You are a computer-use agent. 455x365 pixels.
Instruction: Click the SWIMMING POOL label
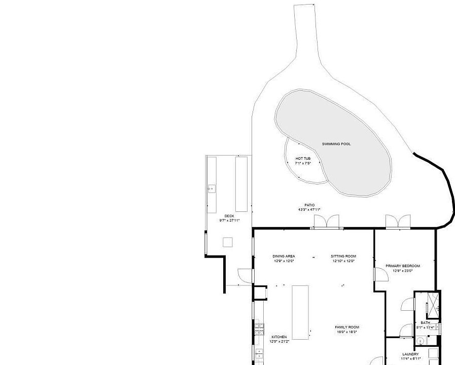pyautogui.click(x=336, y=144)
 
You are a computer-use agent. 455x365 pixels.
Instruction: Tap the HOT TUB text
pyautogui.click(x=303, y=159)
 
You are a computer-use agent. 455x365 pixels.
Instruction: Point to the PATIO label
pyautogui.click(x=309, y=205)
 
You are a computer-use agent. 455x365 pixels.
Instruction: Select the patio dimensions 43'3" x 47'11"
pyautogui.click(x=309, y=210)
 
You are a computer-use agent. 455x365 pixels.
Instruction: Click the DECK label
pyautogui.click(x=229, y=216)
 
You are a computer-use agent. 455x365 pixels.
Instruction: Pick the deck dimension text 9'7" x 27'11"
pyautogui.click(x=229, y=221)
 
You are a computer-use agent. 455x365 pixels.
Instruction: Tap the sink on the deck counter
pyautogui.click(x=212, y=189)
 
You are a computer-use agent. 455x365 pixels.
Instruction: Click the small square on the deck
pyautogui.click(x=228, y=242)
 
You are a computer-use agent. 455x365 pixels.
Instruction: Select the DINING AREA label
pyautogui.click(x=284, y=257)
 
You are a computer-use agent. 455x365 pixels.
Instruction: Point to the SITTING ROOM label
pyautogui.click(x=344, y=257)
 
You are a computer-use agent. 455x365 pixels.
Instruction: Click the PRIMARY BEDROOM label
pyautogui.click(x=403, y=266)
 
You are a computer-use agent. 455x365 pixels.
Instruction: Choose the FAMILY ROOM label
pyautogui.click(x=347, y=327)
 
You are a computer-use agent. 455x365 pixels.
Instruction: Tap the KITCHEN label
pyautogui.click(x=279, y=337)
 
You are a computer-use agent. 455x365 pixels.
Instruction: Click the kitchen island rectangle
pyautogui.click(x=300, y=312)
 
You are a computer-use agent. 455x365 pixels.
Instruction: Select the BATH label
pyautogui.click(x=425, y=323)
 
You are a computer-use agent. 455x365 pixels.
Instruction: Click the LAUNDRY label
pyautogui.click(x=410, y=354)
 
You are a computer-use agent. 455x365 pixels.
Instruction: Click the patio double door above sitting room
pyautogui.click(x=326, y=222)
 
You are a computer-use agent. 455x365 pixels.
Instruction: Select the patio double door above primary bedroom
pyautogui.click(x=398, y=222)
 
